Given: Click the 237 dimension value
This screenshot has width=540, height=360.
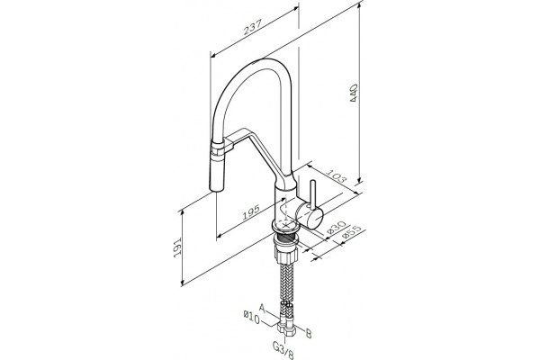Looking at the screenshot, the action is pos(253,27).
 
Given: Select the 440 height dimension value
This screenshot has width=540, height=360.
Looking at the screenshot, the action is pos(354,93).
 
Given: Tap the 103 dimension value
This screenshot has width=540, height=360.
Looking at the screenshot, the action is pos(336,175).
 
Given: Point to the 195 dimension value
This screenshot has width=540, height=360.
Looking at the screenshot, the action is pos(251,212).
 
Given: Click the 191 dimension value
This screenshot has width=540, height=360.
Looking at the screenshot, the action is pos(177,247).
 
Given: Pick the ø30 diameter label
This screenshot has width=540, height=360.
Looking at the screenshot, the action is pos(335,228).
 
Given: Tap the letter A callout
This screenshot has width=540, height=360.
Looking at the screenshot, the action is pos(263,307).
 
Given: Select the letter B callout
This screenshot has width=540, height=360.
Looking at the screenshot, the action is pos(309,333).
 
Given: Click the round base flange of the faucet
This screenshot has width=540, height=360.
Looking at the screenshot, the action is pos(286,226).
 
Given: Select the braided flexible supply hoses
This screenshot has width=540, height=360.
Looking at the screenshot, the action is pos(286,287).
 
